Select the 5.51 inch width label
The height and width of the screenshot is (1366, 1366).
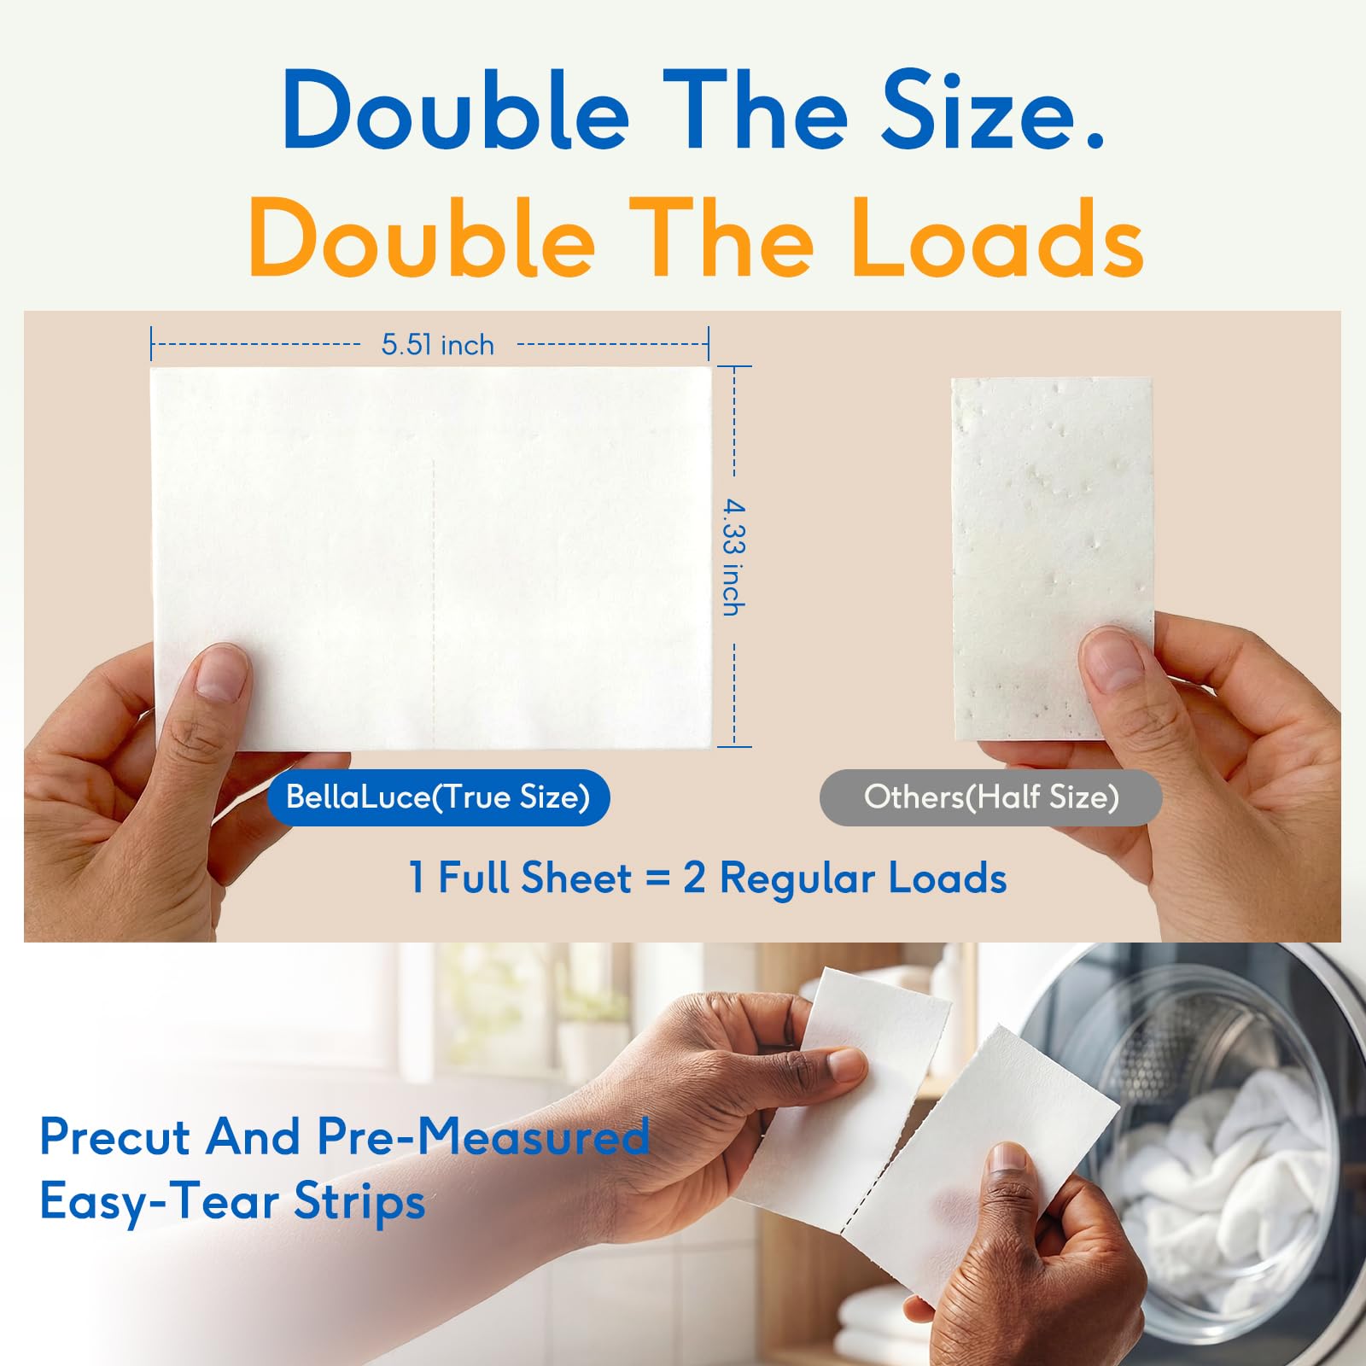(x=437, y=345)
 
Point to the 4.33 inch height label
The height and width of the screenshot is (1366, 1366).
(x=733, y=557)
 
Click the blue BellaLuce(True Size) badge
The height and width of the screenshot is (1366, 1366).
(x=438, y=797)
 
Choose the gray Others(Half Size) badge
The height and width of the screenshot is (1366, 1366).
(x=990, y=797)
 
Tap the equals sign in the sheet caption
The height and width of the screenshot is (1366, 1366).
(x=657, y=879)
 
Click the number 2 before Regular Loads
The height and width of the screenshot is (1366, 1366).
(x=694, y=879)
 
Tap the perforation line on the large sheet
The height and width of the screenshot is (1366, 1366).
(x=435, y=598)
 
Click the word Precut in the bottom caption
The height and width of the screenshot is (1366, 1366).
(x=114, y=1137)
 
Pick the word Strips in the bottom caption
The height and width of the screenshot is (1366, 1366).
(x=359, y=1202)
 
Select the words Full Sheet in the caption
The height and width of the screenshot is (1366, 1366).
(x=534, y=879)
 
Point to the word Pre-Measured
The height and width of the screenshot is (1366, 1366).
(x=483, y=1137)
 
